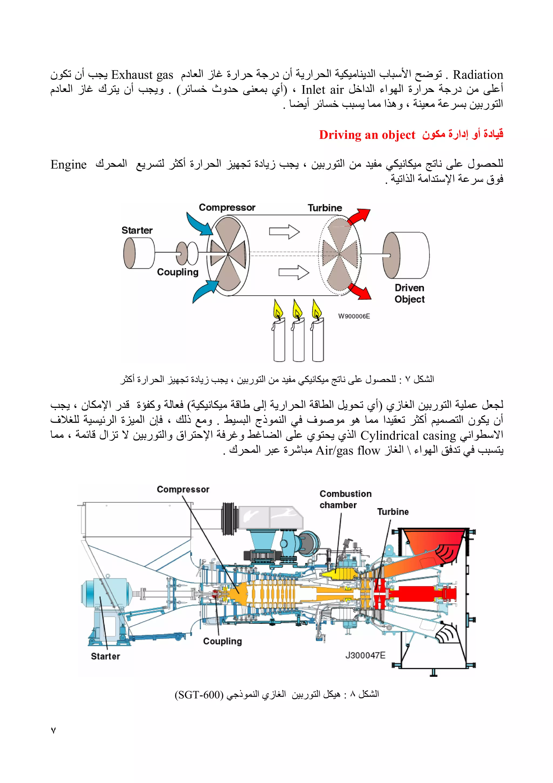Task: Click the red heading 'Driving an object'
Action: (367, 135)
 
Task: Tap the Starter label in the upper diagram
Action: (137, 230)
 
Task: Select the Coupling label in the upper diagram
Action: (177, 272)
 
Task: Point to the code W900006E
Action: (354, 316)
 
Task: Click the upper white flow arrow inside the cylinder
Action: (284, 232)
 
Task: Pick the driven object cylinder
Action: (406, 255)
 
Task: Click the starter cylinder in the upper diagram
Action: (139, 253)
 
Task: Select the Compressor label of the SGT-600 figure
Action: (183, 489)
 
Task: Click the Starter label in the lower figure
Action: (105, 657)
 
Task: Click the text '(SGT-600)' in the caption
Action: (199, 695)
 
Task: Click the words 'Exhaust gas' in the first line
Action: (142, 75)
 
